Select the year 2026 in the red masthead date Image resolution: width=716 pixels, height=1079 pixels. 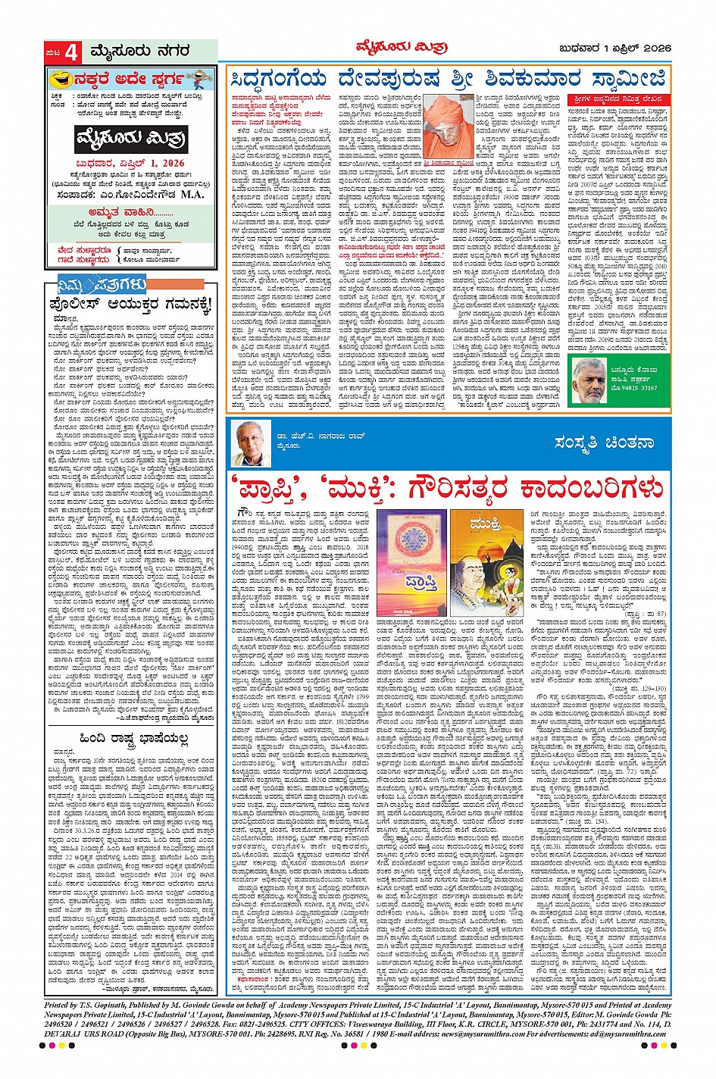(172, 163)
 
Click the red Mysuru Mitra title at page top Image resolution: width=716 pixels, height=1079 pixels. (401, 47)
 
